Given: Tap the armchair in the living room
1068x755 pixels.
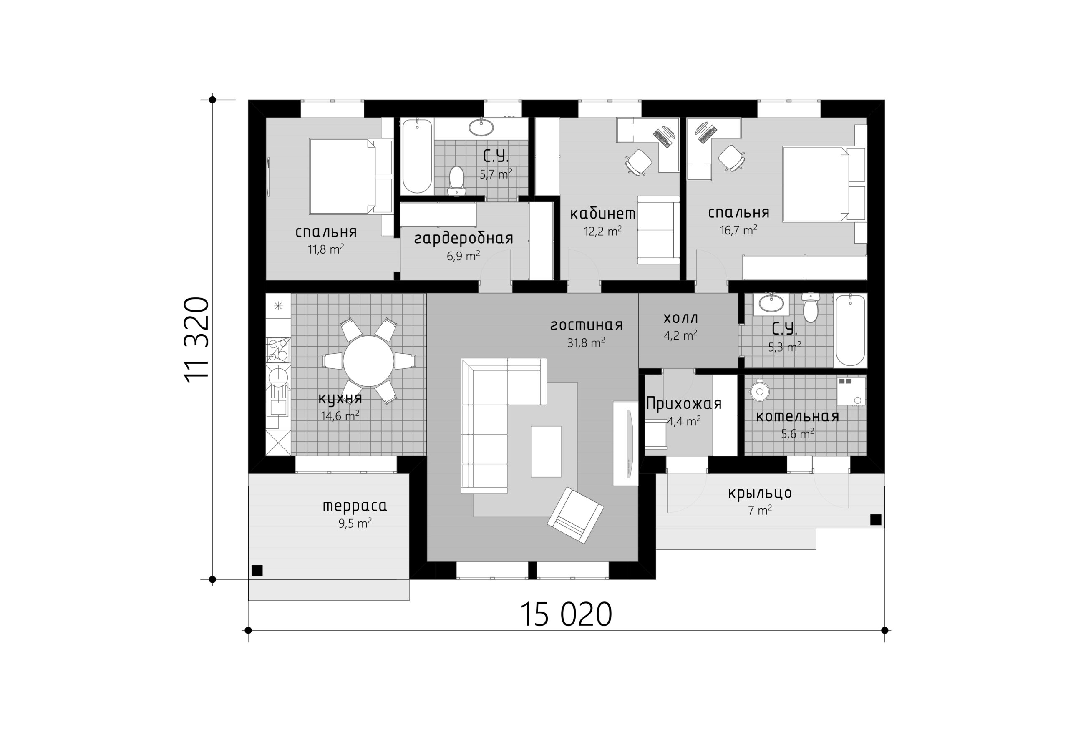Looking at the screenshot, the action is (575, 515).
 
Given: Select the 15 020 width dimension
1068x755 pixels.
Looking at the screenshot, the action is (566, 614).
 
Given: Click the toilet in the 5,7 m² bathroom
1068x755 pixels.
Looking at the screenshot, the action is (457, 181).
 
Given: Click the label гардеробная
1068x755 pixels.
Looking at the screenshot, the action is (463, 238).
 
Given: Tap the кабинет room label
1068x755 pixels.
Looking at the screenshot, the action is (602, 214).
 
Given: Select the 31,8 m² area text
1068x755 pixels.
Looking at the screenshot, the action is (586, 343).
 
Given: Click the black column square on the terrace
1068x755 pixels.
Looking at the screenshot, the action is (257, 570).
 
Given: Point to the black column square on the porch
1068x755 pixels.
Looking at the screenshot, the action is (875, 520).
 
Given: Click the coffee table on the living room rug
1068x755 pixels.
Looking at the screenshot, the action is (546, 451).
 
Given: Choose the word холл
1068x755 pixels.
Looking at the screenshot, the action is (680, 318).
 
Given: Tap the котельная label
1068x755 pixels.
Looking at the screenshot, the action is (797, 416).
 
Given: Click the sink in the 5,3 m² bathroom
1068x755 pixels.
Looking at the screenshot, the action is (771, 304).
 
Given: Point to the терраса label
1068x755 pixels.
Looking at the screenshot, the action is (355, 506).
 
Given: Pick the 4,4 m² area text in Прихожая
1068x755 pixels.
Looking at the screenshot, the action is (684, 421).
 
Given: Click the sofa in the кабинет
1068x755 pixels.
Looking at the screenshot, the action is (658, 230).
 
